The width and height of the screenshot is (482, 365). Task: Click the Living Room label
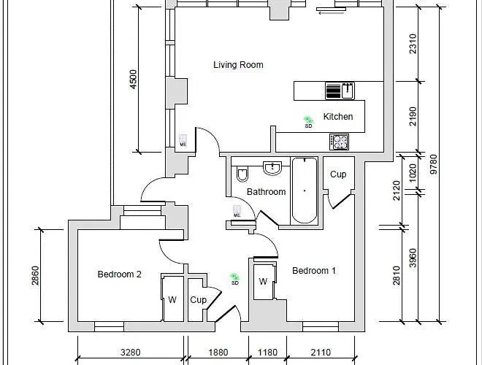pos(238,65)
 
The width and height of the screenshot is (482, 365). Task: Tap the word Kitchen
pos(338,117)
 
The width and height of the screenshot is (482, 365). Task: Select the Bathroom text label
pos(266,192)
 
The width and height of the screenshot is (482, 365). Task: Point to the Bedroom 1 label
pos(314,271)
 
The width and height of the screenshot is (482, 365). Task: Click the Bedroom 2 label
pos(119,274)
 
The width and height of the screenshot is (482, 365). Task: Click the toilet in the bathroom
pos(242,174)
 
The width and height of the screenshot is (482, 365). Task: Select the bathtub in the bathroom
pos(304,191)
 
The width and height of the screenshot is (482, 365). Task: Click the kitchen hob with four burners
pos(339,141)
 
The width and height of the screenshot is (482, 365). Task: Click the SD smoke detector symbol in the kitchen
pos(309,122)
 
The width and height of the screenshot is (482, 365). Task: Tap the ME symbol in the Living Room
pos(183,140)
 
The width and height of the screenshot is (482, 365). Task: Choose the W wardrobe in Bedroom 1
pos(263,283)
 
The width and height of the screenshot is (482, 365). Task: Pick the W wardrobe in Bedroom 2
pos(172,299)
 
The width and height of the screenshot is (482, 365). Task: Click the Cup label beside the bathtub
pos(338,174)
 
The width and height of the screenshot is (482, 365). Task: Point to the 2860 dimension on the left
pos(35,275)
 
